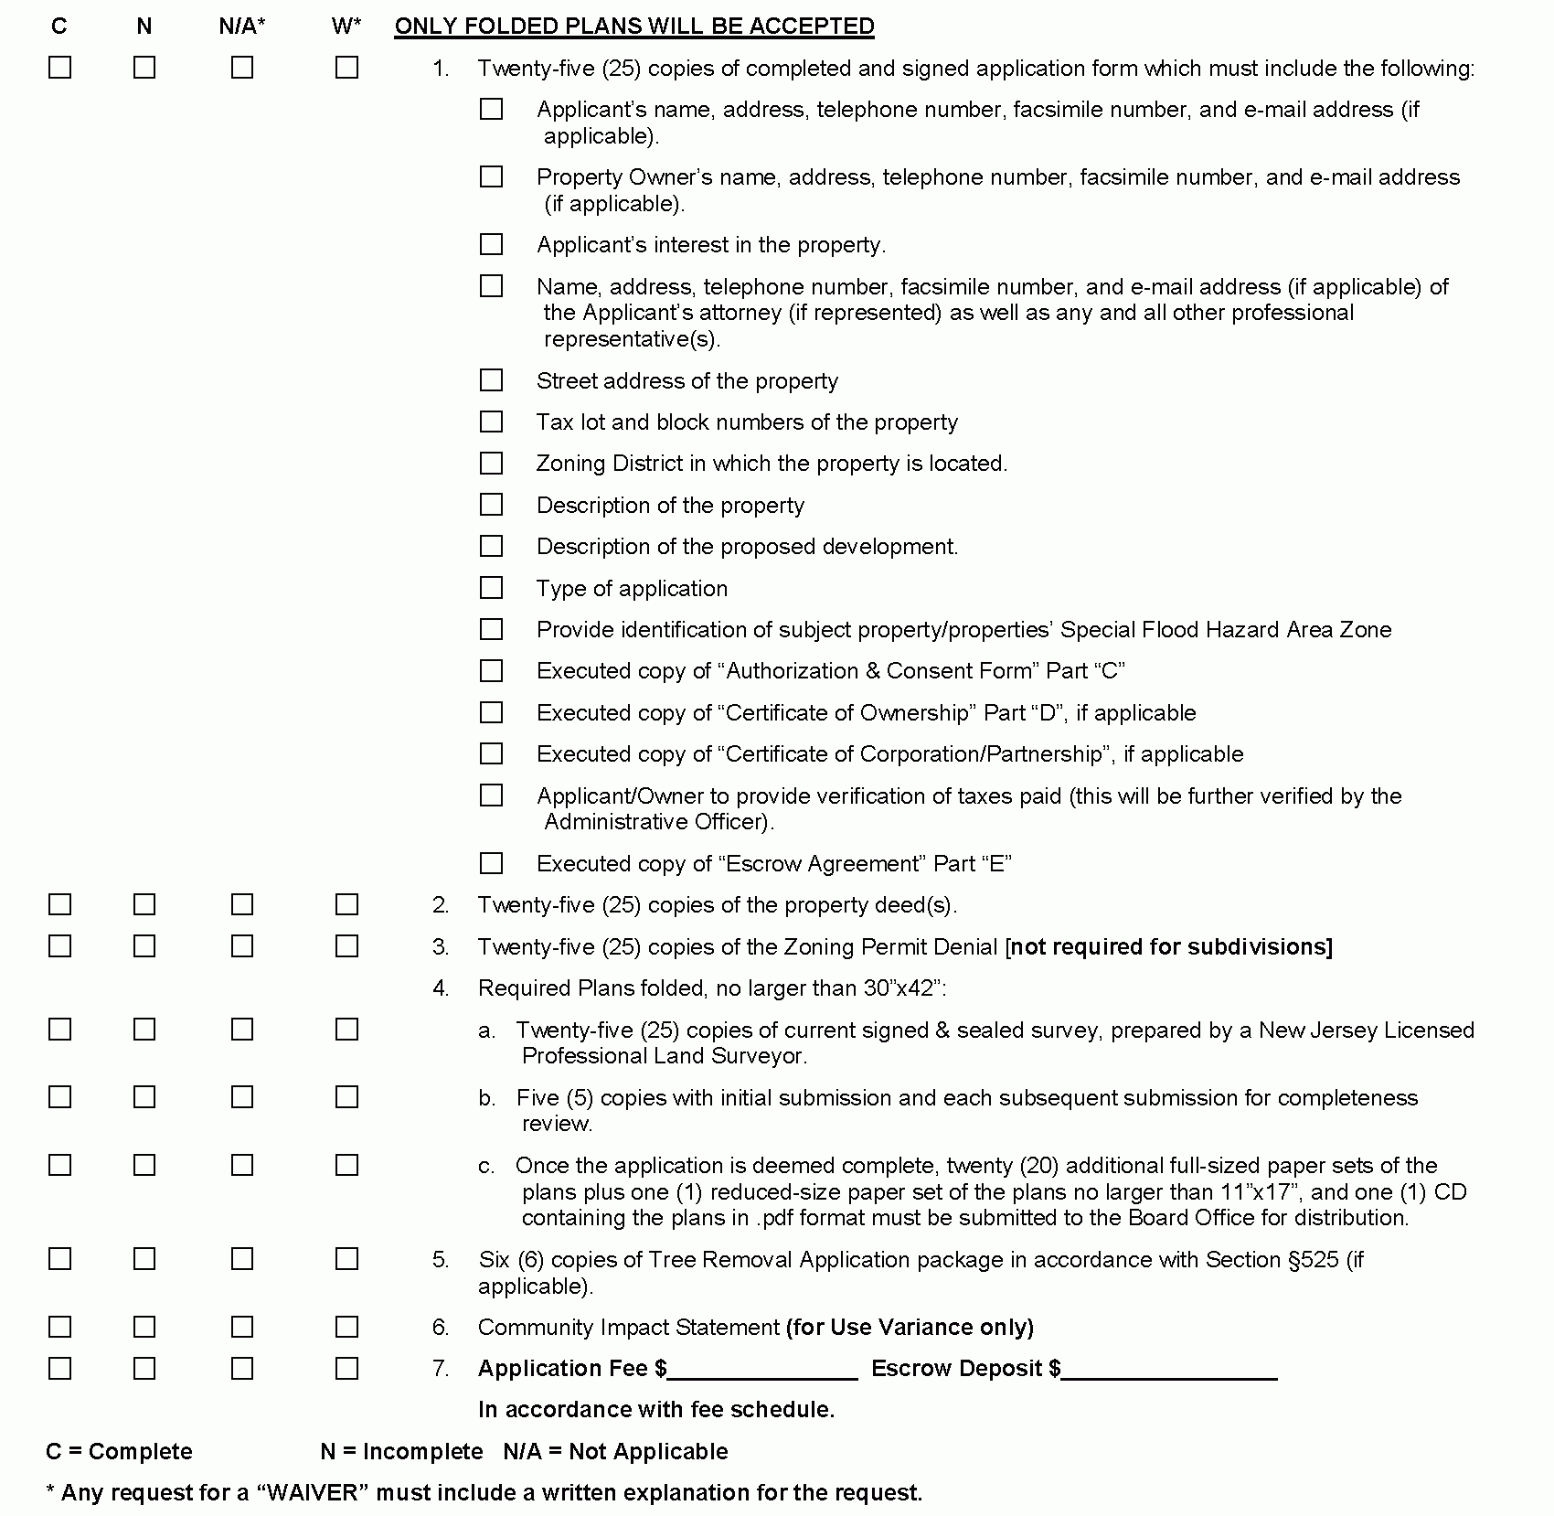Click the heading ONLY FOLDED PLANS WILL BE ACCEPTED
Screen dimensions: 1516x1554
(633, 27)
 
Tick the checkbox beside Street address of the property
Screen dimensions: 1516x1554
(492, 380)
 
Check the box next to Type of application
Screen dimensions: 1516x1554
(492, 588)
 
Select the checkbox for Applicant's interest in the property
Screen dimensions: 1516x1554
(492, 245)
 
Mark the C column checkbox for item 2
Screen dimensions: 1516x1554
(60, 905)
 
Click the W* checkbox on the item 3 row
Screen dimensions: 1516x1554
(346, 946)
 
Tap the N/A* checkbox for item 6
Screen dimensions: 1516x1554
(242, 1327)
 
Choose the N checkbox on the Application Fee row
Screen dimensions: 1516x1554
(144, 1369)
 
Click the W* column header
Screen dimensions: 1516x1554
(346, 27)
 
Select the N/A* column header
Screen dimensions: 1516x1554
(242, 27)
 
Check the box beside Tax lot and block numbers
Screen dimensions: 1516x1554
(492, 422)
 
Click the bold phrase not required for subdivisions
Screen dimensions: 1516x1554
(1170, 946)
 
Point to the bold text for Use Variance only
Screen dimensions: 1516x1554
(910, 1327)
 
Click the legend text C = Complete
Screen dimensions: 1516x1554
(119, 1451)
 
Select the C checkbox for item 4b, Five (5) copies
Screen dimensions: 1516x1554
(60, 1097)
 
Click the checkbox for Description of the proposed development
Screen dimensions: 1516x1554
(492, 547)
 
